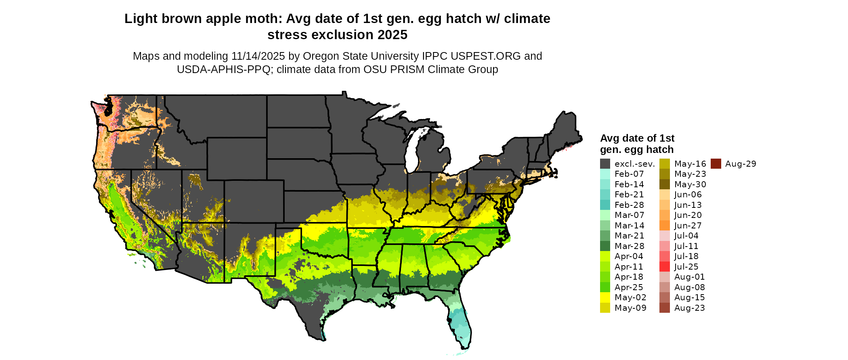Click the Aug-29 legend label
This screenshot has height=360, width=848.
coord(740,164)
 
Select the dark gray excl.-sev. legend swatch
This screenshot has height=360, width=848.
coord(605,164)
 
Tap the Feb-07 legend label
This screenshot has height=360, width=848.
coord(629,174)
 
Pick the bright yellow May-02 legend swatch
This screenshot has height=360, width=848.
coord(605,297)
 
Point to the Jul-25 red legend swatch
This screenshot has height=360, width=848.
coord(664,267)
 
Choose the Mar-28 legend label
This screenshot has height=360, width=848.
coord(629,246)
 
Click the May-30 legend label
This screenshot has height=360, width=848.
coord(690,184)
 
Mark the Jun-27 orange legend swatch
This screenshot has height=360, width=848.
coord(664,226)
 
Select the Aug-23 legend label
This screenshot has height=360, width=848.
coord(689,308)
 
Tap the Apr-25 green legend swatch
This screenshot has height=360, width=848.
coord(605,287)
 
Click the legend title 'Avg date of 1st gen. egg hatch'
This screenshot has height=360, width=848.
coord(637,144)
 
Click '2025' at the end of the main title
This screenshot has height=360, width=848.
coord(393,35)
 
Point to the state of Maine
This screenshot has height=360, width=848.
coord(565,129)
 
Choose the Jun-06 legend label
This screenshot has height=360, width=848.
coord(688,195)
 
